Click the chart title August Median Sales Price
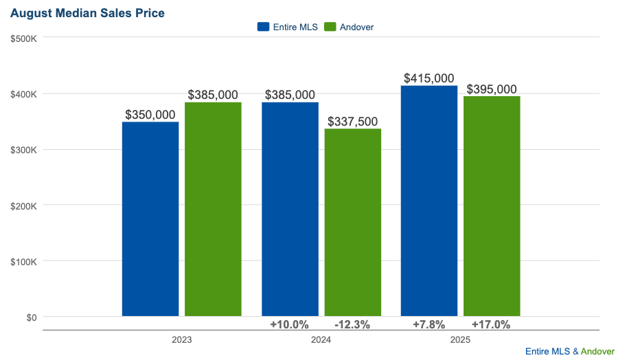click(87, 13)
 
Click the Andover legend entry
click(348, 27)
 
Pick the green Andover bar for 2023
click(213, 209)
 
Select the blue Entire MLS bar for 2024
click(290, 209)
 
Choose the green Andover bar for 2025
click(492, 206)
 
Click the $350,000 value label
click(150, 115)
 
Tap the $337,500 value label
click(352, 122)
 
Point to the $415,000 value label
click(429, 78)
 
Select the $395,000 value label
click(492, 89)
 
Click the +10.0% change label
click(289, 324)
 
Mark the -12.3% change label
click(352, 324)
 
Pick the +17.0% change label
click(491, 324)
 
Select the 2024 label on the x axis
click(321, 340)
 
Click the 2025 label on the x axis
click(460, 340)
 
